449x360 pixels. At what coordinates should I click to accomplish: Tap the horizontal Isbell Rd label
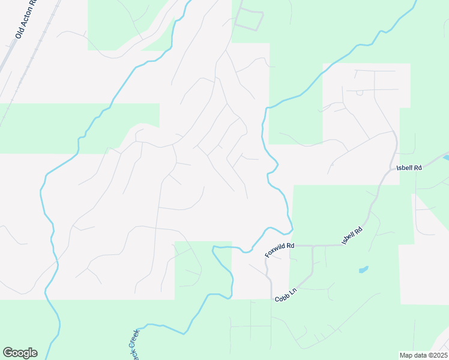410,168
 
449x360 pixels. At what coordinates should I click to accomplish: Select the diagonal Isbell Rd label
353,235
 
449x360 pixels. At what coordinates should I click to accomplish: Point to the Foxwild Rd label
280,250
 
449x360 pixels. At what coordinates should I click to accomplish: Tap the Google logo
20,353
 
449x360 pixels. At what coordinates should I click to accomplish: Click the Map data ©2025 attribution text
423,355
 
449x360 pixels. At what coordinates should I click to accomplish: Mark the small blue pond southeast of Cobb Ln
364,269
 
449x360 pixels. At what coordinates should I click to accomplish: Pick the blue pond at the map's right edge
446,157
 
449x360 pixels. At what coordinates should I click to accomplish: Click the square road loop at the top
249,20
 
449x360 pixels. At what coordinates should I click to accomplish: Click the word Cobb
283,297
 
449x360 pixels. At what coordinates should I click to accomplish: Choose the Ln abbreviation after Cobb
294,291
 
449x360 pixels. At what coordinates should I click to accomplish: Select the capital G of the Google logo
8,353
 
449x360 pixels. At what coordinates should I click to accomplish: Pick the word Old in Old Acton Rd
19,35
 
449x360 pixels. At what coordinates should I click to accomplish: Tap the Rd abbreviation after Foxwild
290,245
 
